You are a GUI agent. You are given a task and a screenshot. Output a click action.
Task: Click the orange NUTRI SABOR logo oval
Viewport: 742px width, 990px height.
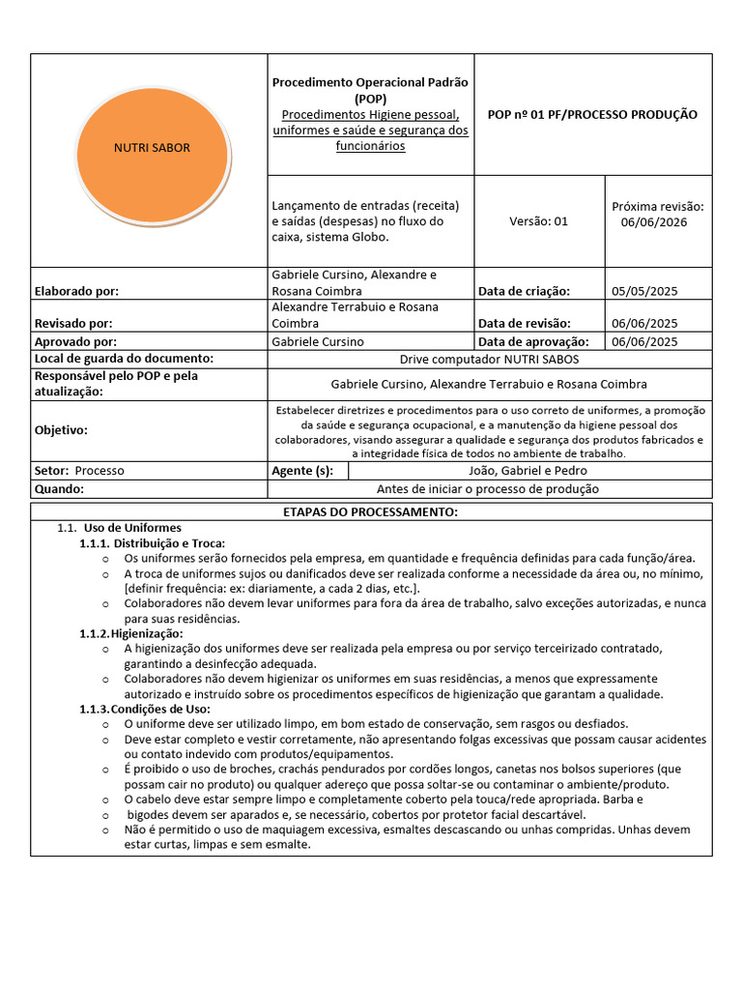pyautogui.click(x=152, y=148)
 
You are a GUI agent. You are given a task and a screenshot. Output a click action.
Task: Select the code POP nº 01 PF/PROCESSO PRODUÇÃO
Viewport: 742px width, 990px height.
pyautogui.click(x=592, y=114)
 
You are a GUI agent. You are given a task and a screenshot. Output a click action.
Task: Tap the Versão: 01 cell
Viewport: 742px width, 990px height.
pyautogui.click(x=538, y=220)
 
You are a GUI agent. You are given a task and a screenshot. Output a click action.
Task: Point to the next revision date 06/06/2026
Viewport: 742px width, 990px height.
pyautogui.click(x=658, y=221)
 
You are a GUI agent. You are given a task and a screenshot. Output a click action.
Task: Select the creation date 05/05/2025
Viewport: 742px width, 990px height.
pyautogui.click(x=644, y=291)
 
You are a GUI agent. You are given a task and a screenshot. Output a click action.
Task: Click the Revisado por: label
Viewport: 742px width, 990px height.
pyautogui.click(x=73, y=324)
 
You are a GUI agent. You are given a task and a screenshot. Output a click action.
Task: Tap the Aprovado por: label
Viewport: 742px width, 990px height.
pyautogui.click(x=75, y=341)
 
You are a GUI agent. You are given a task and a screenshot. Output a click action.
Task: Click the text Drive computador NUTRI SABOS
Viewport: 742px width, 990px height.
pyautogui.click(x=489, y=359)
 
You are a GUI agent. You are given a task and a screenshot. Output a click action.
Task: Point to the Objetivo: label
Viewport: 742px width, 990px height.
pyautogui.click(x=61, y=429)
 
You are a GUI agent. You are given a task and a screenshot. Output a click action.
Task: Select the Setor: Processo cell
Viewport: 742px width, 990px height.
pyautogui.click(x=79, y=471)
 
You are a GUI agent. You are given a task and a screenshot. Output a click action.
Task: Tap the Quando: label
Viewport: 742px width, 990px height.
pyautogui.click(x=59, y=488)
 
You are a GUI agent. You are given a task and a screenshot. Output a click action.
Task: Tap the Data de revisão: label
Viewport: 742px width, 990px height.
pyautogui.click(x=525, y=324)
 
